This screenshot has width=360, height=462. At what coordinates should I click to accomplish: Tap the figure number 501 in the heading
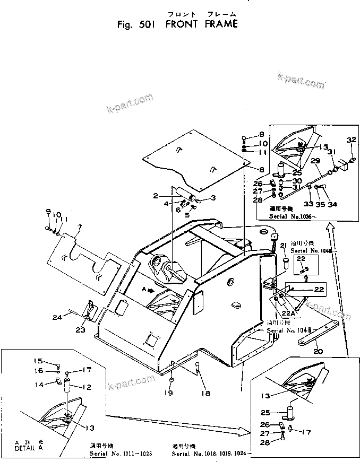[144, 24]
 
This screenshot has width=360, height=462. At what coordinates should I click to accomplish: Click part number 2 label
[155, 196]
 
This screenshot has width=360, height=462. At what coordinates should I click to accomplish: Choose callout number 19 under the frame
[172, 393]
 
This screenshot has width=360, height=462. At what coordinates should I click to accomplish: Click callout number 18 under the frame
[205, 393]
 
